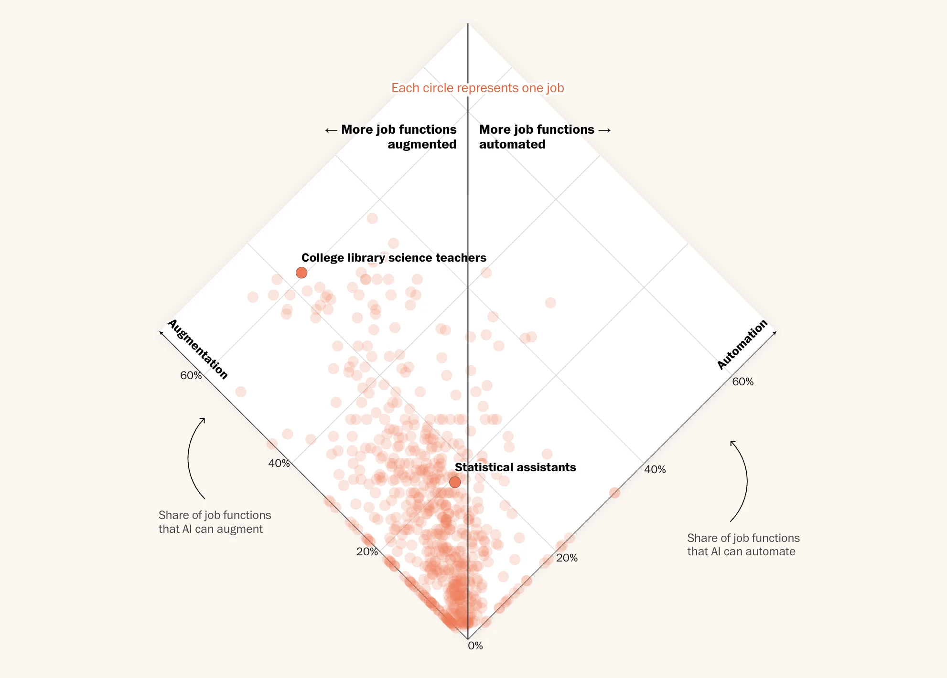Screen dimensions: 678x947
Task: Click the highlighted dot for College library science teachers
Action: [x=301, y=273]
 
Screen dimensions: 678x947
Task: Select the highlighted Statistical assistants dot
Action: [x=455, y=482]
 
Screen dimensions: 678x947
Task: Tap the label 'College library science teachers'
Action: [x=394, y=258]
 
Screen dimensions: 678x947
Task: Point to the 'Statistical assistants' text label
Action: [x=515, y=467]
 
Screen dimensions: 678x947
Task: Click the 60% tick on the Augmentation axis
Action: [x=191, y=376]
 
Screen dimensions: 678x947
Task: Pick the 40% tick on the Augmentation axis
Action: [x=279, y=463]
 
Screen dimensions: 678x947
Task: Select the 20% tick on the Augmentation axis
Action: [x=367, y=552]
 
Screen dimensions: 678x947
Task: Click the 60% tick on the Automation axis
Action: [x=743, y=381]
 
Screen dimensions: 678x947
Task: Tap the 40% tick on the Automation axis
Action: [x=655, y=470]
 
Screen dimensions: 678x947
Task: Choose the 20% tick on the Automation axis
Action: [x=567, y=558]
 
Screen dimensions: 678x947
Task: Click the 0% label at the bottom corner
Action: [x=475, y=646]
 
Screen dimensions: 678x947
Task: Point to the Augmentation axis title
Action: [x=198, y=350]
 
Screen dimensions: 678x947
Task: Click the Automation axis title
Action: [x=743, y=344]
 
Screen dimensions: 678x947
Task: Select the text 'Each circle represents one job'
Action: [x=477, y=88]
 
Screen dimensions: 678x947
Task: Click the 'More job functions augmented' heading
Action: [x=398, y=137]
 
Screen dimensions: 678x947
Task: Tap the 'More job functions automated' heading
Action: [x=537, y=137]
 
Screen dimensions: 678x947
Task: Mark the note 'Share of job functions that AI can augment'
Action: [x=215, y=522]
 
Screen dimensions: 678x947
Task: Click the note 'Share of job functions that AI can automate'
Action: [x=743, y=545]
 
